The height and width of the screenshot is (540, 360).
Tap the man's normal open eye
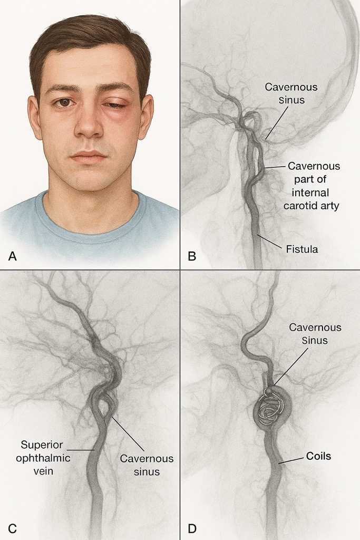(x=65, y=102)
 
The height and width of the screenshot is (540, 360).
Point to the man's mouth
(x=88, y=157)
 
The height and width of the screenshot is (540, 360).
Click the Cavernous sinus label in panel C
(x=147, y=465)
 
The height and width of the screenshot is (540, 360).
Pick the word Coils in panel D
(x=318, y=456)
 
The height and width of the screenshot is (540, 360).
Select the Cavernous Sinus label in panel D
(x=315, y=334)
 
